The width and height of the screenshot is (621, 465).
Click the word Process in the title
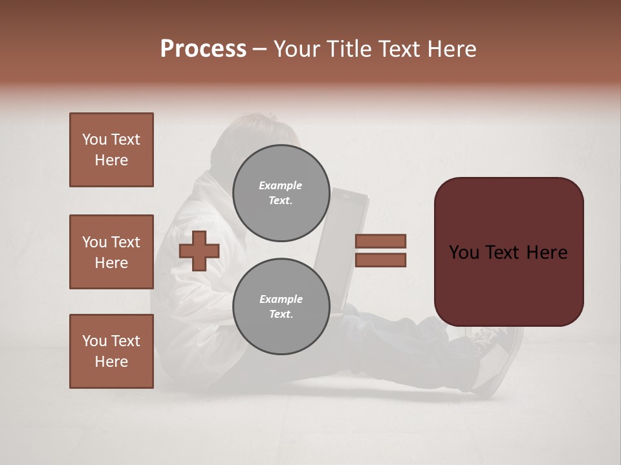pyautogui.click(x=203, y=49)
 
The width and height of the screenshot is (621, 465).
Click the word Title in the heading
pyautogui.click(x=347, y=49)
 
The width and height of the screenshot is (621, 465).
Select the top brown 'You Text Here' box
pyautogui.click(x=111, y=150)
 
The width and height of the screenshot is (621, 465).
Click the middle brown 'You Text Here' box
pyautogui.click(x=111, y=252)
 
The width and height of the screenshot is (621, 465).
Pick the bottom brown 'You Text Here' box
pyautogui.click(x=111, y=351)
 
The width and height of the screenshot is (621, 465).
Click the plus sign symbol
pyautogui.click(x=199, y=251)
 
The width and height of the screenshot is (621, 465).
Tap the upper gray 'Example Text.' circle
pyautogui.click(x=281, y=192)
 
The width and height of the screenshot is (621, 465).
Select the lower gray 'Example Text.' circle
pyautogui.click(x=281, y=306)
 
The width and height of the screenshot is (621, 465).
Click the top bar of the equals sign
pyautogui.click(x=380, y=241)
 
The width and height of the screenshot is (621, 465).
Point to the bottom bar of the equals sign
pyautogui.click(x=380, y=260)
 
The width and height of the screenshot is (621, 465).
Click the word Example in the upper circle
pyautogui.click(x=281, y=185)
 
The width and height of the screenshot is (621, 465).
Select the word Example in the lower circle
pyautogui.click(x=281, y=299)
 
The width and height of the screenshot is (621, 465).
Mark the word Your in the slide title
pyautogui.click(x=298, y=49)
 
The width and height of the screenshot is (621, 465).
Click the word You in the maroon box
pyautogui.click(x=464, y=253)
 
